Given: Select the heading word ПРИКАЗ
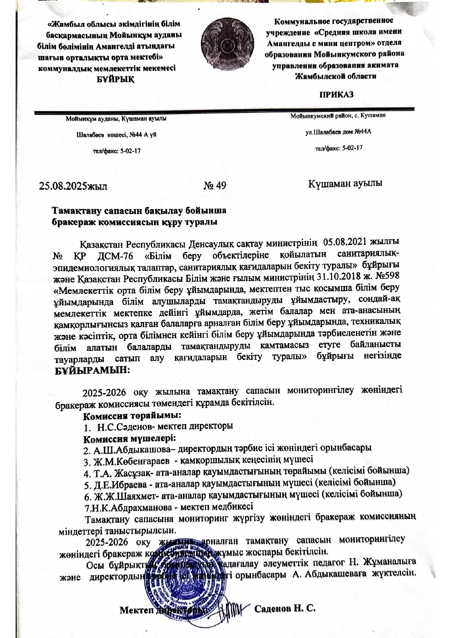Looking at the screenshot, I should (336, 95).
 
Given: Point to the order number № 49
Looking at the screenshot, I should (215, 186).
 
